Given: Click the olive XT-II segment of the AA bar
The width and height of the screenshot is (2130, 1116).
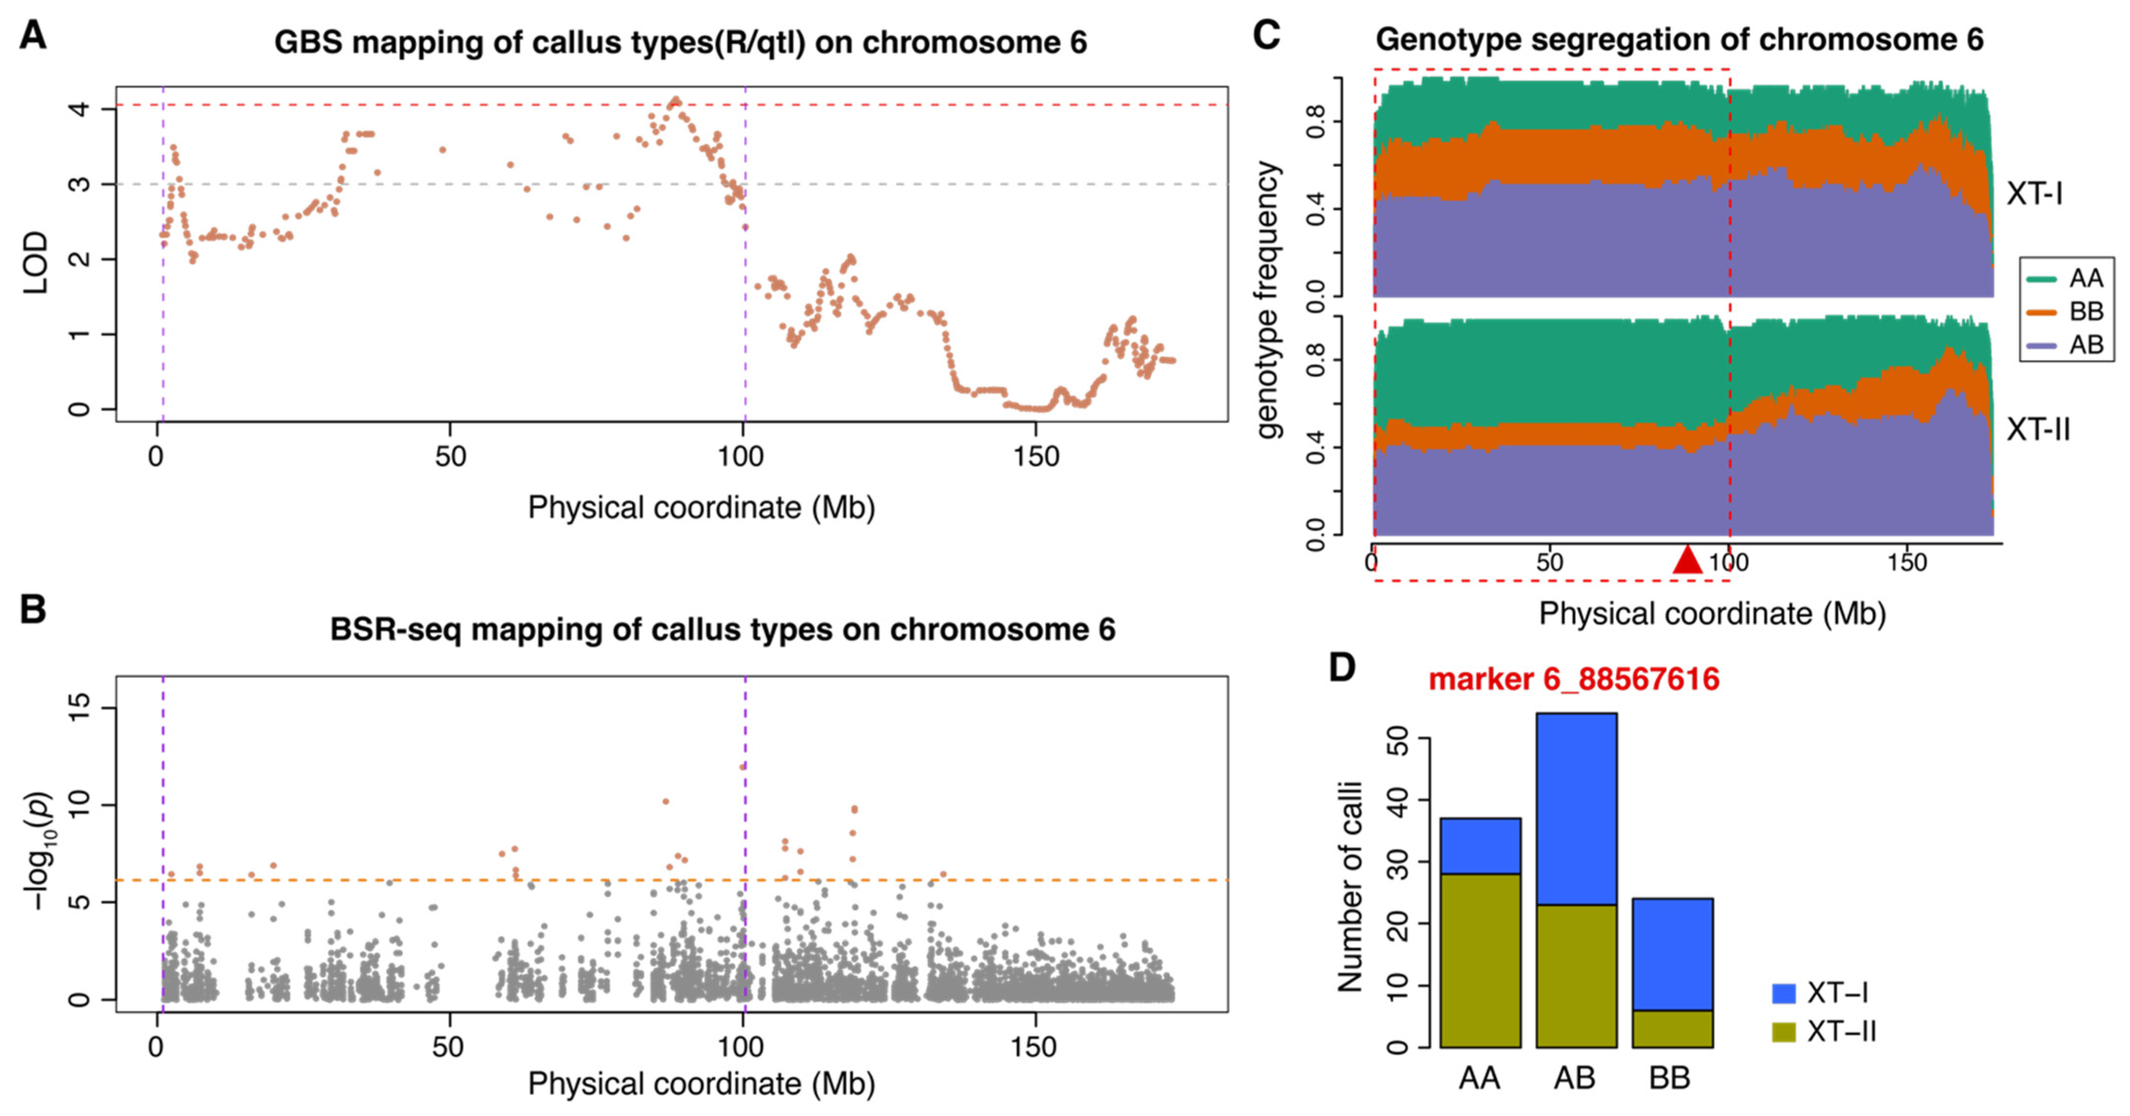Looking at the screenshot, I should click(1480, 960).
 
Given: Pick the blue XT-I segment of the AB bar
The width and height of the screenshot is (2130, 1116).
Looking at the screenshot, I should click(1576, 808).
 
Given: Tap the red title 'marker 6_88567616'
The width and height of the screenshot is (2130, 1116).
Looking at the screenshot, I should click(1574, 679).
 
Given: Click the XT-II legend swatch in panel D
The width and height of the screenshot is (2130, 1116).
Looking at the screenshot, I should click(1784, 1031).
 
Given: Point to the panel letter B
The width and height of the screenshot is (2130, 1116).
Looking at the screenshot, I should click(33, 610).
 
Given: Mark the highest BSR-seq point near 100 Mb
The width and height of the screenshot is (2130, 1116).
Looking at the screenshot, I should click(743, 766).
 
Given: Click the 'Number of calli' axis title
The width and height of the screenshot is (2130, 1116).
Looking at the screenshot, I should click(1349, 885).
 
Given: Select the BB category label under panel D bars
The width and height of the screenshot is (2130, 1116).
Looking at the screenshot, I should click(1670, 1078).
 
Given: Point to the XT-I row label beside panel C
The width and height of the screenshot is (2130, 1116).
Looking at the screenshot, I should click(2034, 193).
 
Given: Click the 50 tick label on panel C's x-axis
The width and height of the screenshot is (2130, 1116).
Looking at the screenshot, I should click(1550, 562).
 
